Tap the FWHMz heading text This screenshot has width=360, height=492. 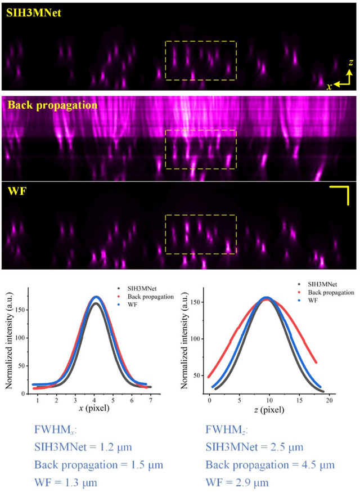click(x=228, y=432)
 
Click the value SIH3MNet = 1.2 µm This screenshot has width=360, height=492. click(x=83, y=448)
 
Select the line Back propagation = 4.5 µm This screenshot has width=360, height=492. click(x=269, y=465)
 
